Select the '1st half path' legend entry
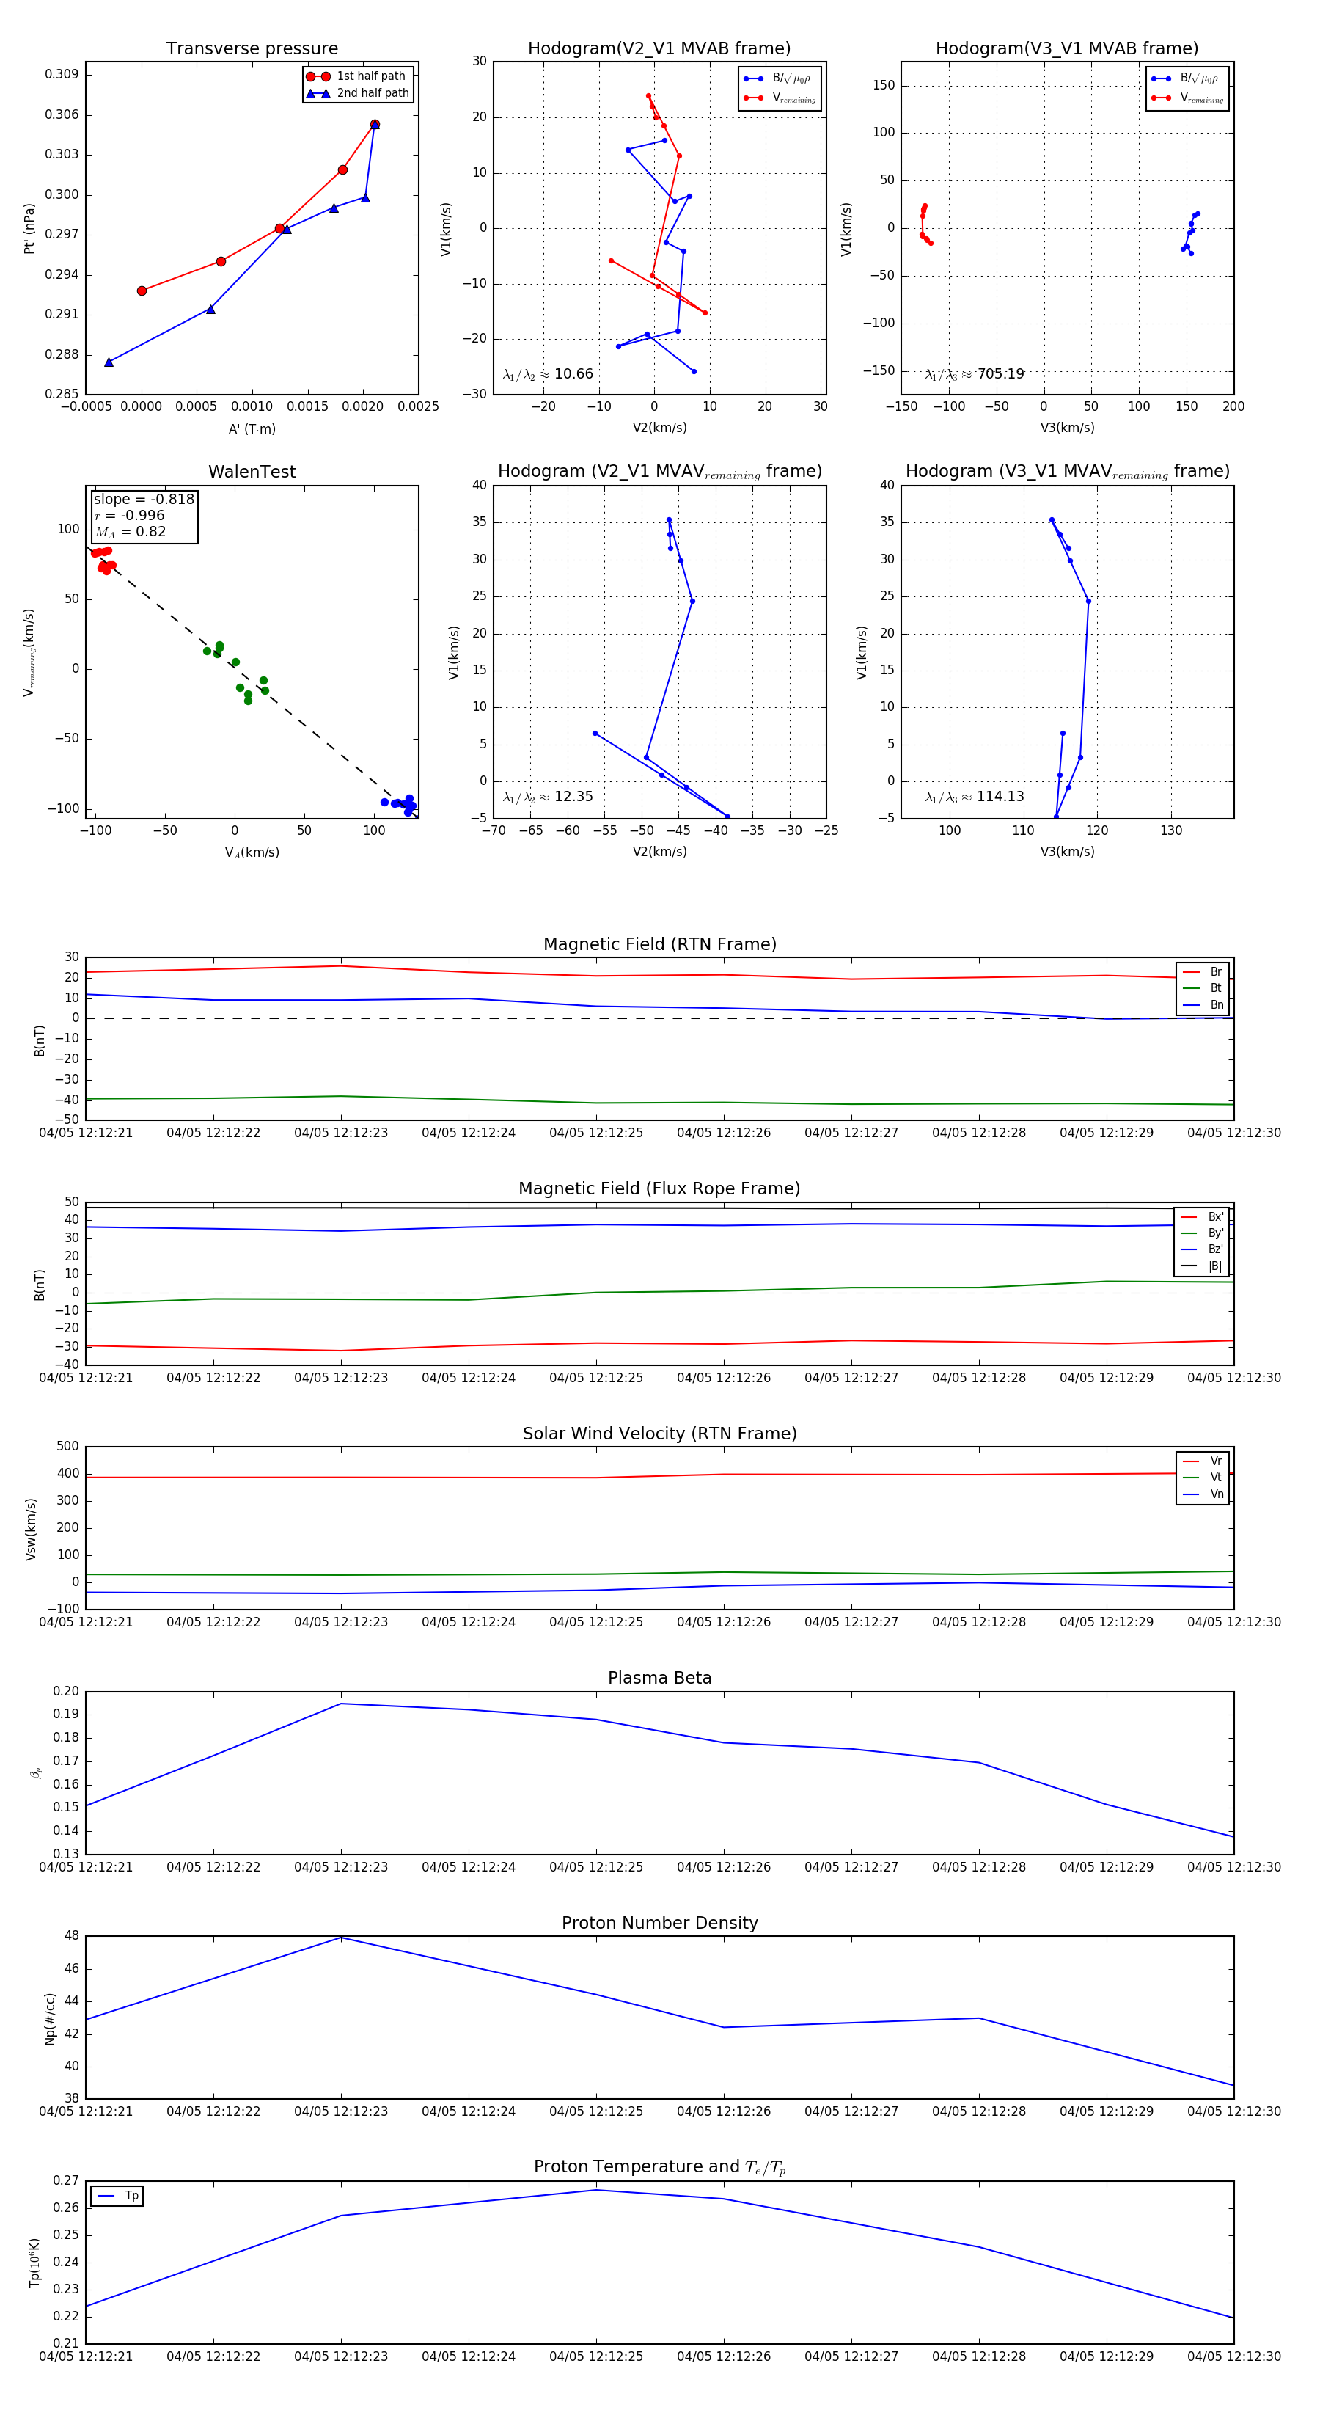coord(370,76)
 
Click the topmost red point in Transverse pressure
coord(375,124)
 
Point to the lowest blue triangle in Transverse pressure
coord(109,362)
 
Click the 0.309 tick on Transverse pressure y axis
coord(62,75)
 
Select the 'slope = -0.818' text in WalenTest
coord(144,499)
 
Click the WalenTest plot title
coord(252,472)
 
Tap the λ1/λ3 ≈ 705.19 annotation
coord(975,374)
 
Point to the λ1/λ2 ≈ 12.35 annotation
coord(548,797)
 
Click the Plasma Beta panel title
coord(659,1678)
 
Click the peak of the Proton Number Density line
coord(341,1937)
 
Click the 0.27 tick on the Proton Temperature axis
coord(66,2180)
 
